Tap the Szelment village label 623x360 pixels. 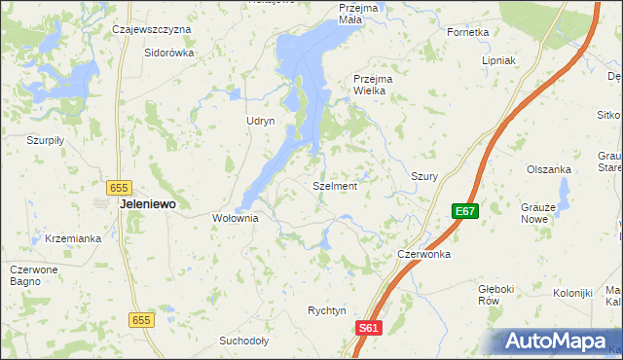tap(335, 186)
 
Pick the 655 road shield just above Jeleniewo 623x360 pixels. tap(120, 186)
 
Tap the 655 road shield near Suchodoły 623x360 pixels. tap(142, 320)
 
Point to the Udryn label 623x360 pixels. tap(261, 121)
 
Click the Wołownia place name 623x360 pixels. tap(236, 219)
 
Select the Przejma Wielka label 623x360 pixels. tap(370, 84)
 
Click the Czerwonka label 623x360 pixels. tap(423, 254)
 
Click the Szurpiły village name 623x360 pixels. tap(45, 140)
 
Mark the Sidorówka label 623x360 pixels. tap(168, 53)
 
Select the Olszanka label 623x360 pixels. tap(548, 169)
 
